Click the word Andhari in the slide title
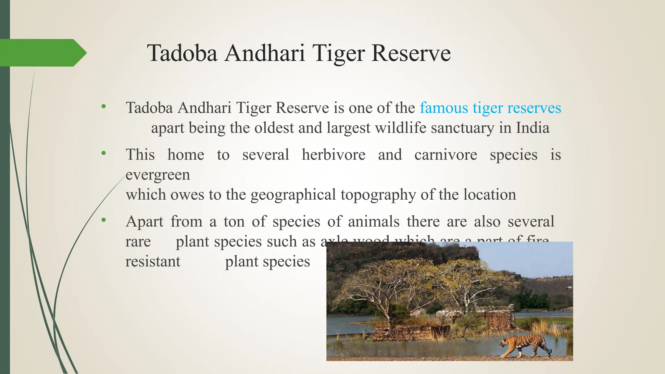[x=265, y=53]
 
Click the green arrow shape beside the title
[x=42, y=53]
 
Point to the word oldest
[x=274, y=128]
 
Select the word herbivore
[x=333, y=155]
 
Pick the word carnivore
[x=446, y=155]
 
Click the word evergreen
[x=158, y=175]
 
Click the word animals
[x=374, y=222]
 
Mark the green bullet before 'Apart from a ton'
[x=104, y=220]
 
